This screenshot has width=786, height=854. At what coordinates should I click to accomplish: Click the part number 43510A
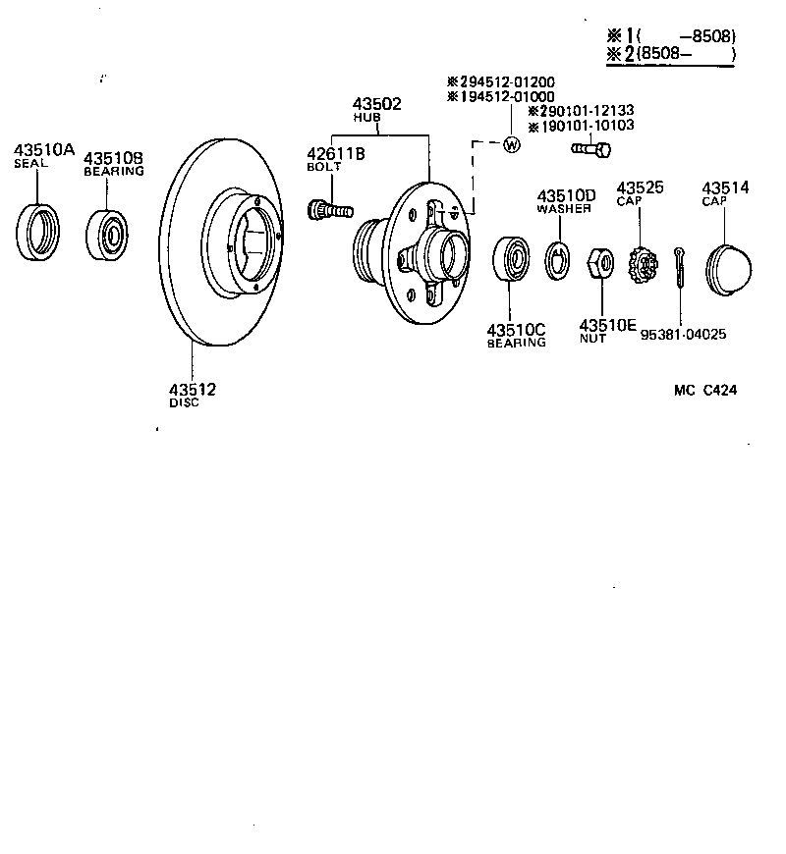43,149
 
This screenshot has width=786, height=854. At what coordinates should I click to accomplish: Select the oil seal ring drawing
38,234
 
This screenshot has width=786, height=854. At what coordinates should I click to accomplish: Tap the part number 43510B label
113,157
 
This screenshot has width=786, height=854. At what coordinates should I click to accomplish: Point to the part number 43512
192,390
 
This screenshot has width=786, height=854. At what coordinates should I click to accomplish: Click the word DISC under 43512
184,403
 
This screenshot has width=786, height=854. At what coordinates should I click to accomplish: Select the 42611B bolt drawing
329,209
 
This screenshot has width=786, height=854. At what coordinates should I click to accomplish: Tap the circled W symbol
510,145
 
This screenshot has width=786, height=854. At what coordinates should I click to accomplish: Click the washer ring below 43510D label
558,258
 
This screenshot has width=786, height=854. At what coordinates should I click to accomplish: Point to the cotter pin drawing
680,266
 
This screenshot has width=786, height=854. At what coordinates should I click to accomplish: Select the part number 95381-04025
683,334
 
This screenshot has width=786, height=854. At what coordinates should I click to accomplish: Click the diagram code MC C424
705,390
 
